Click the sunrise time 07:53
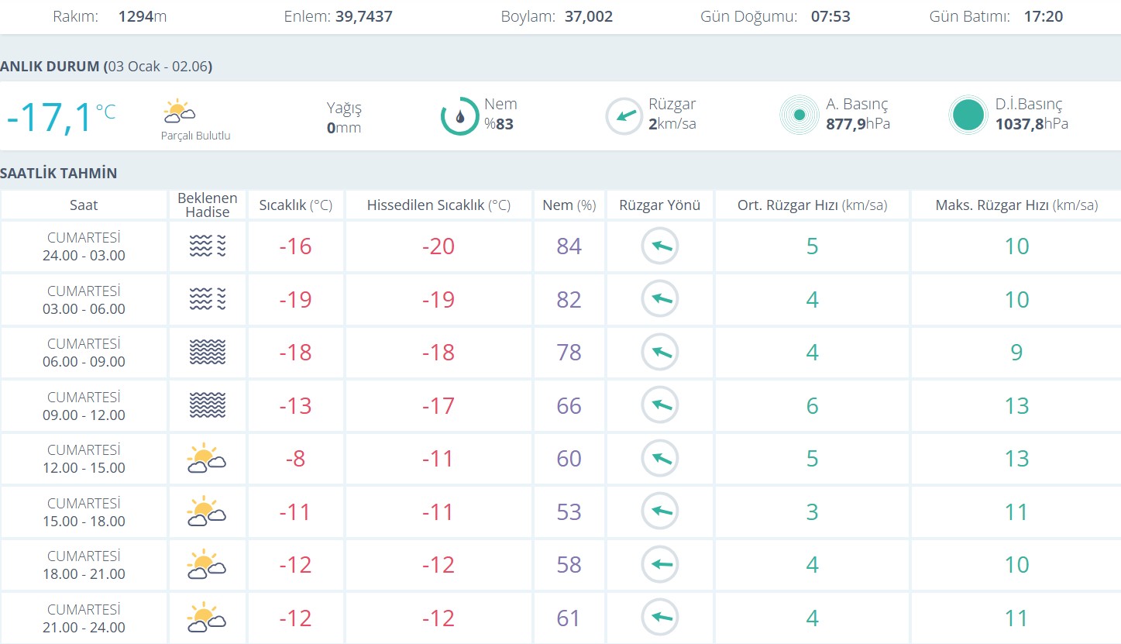point(830,16)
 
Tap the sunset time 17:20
point(1043,16)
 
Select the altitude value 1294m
point(143,16)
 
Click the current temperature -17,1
point(49,118)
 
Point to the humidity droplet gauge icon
point(460,116)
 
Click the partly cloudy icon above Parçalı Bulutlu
point(179,112)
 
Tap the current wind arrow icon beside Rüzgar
point(624,116)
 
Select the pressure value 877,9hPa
point(858,124)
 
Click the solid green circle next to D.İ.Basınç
point(968,115)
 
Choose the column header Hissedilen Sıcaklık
point(438,205)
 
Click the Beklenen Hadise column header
point(208,205)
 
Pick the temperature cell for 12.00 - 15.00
point(295,459)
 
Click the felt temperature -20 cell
point(438,246)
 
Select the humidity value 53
point(569,512)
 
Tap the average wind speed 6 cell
point(812,405)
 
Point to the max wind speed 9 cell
point(1016,353)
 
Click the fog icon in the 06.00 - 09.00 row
point(208,353)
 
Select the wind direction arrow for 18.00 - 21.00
point(660,565)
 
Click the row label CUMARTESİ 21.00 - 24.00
point(84,618)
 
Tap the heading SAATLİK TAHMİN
point(59,173)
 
